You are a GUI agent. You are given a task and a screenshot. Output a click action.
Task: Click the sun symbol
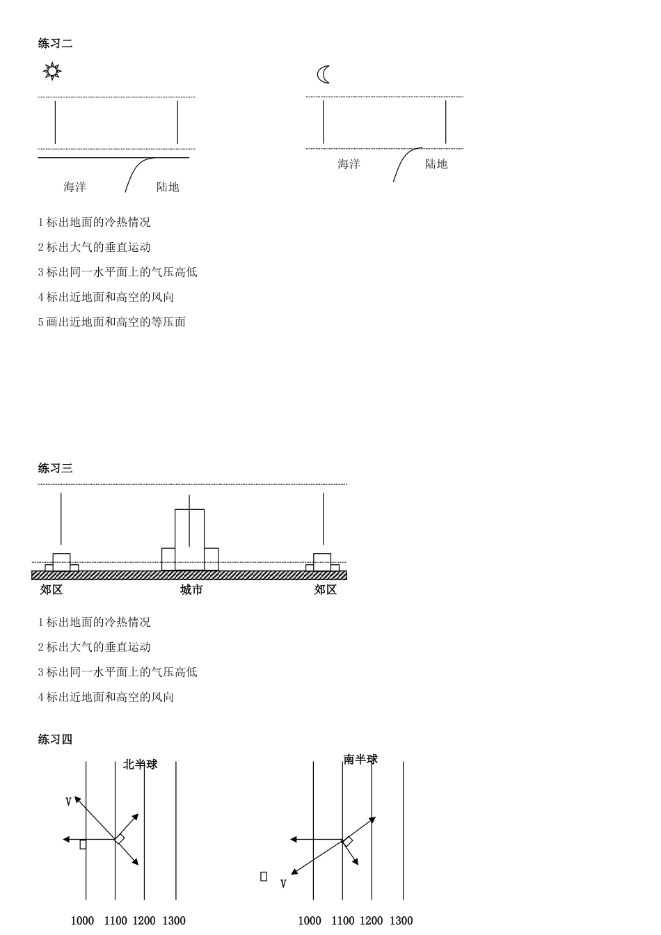pos(52,71)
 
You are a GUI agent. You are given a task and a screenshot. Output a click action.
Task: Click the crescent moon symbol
pos(324,74)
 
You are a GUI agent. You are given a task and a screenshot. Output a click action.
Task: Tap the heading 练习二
pos(56,43)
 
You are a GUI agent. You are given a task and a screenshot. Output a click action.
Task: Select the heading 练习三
pos(56,468)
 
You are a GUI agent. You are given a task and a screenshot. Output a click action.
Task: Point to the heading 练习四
pos(56,740)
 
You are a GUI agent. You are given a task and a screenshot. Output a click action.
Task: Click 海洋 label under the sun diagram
pos(75,187)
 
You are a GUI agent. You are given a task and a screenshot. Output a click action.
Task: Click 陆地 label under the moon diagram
pos(436,164)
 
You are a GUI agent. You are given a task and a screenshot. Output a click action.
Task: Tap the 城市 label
pos(191,590)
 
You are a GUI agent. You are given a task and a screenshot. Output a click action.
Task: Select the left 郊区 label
pos(51,590)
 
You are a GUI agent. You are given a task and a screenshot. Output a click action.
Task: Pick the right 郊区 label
pos(325,590)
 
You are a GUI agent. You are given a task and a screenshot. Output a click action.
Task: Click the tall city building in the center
pos(189,540)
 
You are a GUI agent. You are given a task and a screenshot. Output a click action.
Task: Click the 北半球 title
pos(141,765)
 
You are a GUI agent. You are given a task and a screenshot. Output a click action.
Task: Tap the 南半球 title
pos(360,760)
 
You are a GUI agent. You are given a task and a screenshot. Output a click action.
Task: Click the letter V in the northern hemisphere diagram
pos(68,801)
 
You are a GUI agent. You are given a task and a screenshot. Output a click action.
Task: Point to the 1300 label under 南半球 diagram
pos(401,921)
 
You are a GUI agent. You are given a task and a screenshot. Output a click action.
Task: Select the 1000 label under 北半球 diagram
pos(82,921)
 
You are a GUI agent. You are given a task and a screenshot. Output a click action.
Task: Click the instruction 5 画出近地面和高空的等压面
pos(112,322)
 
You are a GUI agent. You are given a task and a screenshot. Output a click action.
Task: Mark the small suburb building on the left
pos(61,563)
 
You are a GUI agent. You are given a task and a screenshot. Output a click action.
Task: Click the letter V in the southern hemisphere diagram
pos(283,884)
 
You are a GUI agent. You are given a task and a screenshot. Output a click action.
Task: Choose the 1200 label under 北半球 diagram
pos(144,921)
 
